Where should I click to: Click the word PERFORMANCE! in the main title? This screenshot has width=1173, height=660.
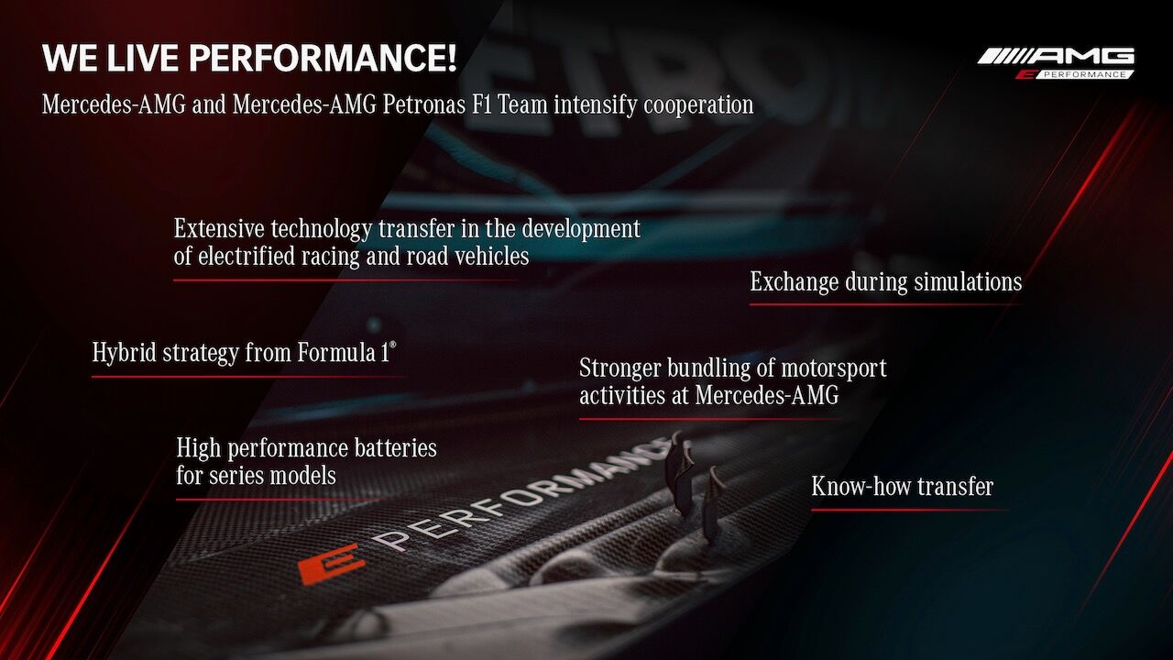pyautogui.click(x=323, y=58)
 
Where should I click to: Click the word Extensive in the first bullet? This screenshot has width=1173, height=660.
pyautogui.click(x=219, y=228)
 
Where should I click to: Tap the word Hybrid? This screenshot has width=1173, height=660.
pyautogui.click(x=124, y=353)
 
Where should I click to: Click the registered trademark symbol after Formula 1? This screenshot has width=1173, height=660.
pyautogui.click(x=393, y=345)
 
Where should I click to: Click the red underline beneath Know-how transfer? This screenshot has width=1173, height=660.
pyautogui.click(x=910, y=510)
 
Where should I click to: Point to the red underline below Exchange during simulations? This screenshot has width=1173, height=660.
pyautogui.click(x=885, y=304)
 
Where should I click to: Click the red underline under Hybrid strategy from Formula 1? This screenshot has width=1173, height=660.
pyautogui.click(x=248, y=376)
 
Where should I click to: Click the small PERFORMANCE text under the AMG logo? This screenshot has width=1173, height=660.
pyautogui.click(x=1084, y=75)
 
